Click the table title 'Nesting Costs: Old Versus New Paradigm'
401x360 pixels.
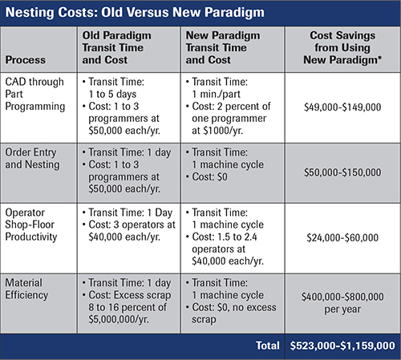point(135,13)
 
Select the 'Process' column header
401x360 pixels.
point(26,60)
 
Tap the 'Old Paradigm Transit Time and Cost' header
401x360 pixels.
point(116,47)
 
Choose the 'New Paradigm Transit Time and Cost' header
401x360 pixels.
point(223,47)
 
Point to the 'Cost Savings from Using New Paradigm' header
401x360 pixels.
point(342,47)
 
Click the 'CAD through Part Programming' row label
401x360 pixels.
point(34,94)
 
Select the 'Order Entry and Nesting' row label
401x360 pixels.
point(32,159)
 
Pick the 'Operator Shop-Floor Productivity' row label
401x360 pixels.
point(31,224)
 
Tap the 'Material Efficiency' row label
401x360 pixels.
point(26,289)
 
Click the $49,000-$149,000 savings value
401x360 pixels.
point(342,107)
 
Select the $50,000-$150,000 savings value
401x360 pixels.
point(342,172)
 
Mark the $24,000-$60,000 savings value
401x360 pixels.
point(342,237)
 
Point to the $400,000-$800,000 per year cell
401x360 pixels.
point(342,303)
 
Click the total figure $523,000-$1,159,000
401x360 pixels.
point(342,346)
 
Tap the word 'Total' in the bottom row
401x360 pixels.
point(268,346)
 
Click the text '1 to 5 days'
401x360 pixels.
point(112,94)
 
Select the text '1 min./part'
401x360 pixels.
point(217,94)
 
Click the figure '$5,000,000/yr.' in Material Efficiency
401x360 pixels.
point(119,319)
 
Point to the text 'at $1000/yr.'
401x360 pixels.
point(217,131)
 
